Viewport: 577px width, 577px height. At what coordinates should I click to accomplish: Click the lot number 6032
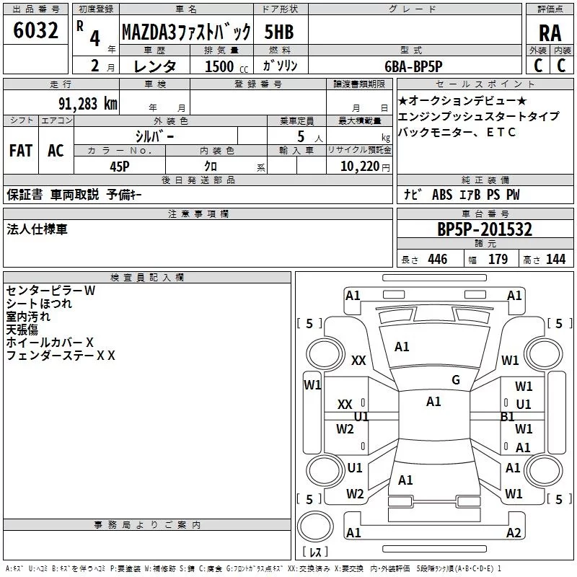point(35,32)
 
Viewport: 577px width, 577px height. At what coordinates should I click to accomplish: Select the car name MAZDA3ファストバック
point(185,32)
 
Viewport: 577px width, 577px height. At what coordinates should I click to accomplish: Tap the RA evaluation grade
point(550,32)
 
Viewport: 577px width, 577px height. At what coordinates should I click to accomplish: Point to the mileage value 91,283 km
point(87,103)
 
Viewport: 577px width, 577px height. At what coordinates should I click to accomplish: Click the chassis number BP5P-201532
point(485,230)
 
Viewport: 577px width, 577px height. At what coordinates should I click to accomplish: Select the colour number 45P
point(120,165)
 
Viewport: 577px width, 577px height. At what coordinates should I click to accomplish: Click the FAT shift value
point(20,151)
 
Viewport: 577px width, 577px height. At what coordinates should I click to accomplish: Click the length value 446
point(437,259)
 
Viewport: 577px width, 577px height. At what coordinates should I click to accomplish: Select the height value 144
point(555,259)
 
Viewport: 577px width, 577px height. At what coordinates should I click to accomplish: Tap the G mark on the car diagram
point(455,380)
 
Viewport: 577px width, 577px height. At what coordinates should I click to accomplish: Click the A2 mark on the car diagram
point(514,533)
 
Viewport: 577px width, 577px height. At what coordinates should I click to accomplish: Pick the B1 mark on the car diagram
point(507,417)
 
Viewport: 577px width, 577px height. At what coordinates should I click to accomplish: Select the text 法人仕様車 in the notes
point(37,229)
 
